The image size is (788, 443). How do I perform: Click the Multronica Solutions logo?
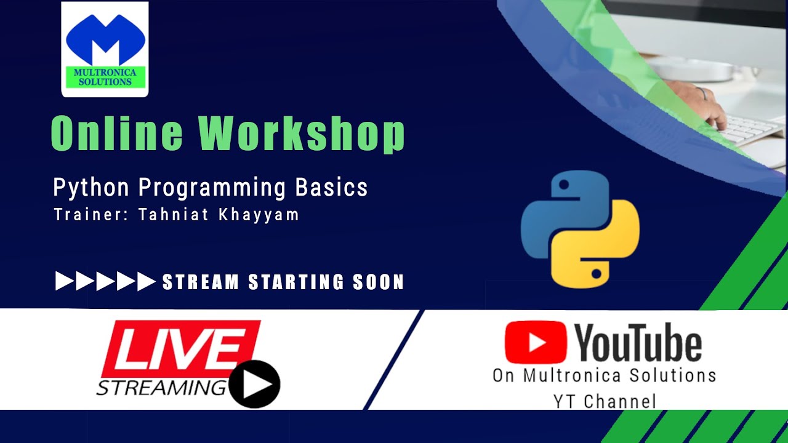pos(105,49)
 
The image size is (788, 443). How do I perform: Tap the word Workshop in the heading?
pos(302,134)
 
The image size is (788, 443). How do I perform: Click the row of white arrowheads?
pos(105,281)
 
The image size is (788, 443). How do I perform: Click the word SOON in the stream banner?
pos(378,282)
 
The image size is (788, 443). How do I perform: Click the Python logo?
pos(580,229)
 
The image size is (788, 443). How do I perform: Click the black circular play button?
pos(255,385)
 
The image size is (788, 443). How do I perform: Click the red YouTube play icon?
pos(535,342)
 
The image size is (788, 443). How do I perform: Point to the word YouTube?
pos(638,344)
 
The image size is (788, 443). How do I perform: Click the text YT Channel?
pos(604,402)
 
